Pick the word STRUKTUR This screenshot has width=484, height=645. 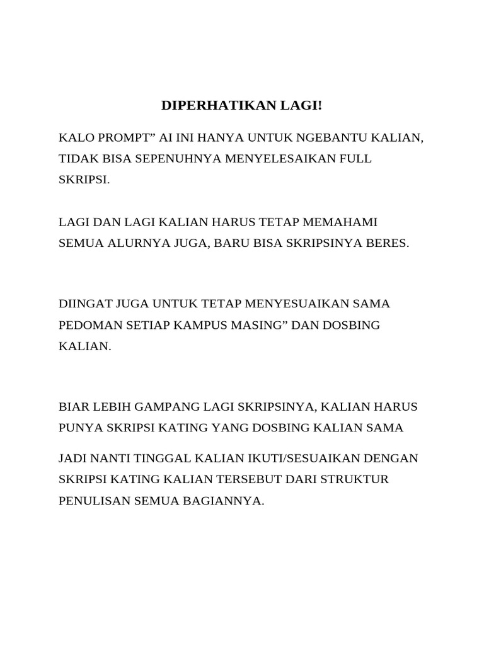pyautogui.click(x=355, y=479)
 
